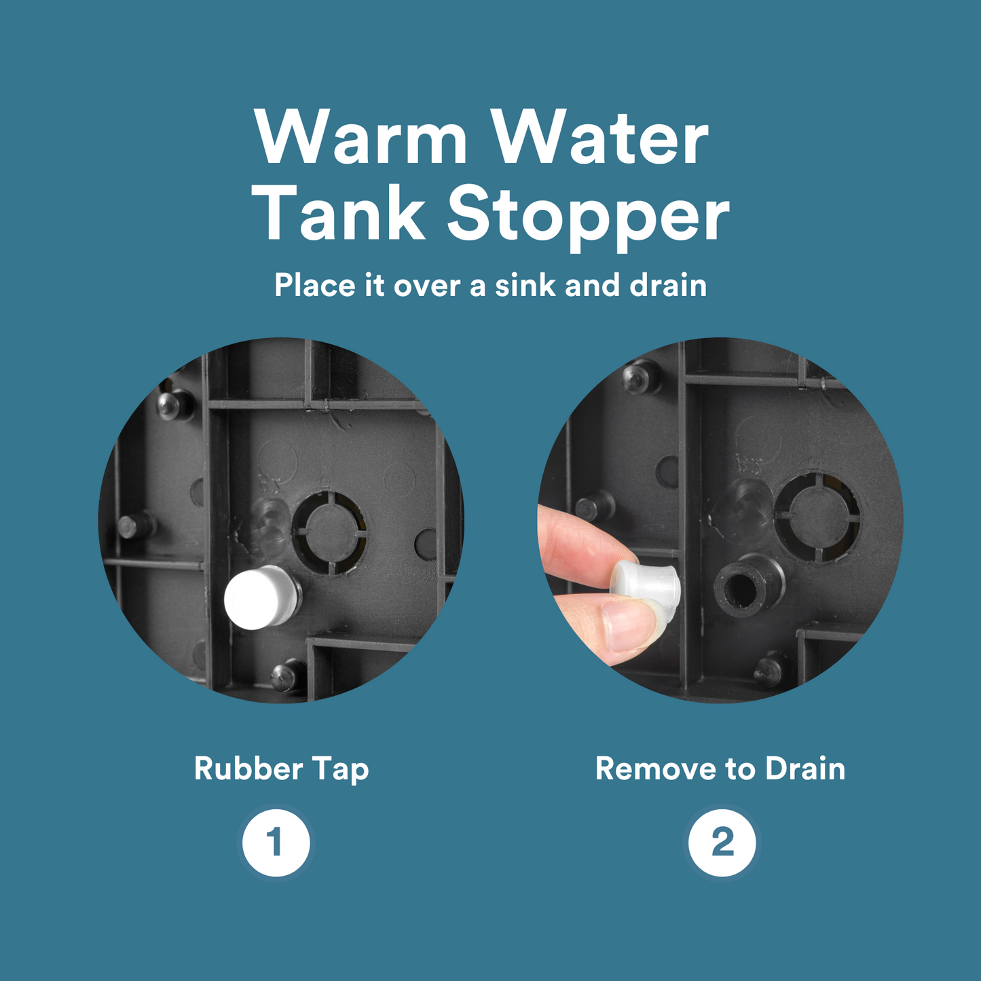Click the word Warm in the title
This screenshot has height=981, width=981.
(x=361, y=137)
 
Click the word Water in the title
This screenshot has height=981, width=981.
(x=602, y=137)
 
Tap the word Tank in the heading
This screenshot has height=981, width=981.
(x=343, y=212)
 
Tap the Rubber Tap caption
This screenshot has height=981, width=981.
(x=282, y=769)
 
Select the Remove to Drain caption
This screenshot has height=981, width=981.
(x=720, y=769)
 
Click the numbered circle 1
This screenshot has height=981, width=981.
(x=276, y=843)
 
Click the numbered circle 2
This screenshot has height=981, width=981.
(x=722, y=843)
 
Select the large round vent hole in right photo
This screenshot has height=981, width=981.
(x=817, y=518)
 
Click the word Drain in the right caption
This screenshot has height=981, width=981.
(x=805, y=769)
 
